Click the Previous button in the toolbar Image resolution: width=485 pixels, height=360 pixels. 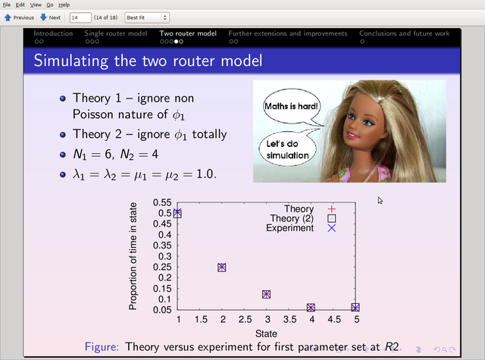tap(19, 17)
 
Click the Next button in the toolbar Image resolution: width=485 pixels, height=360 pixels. tap(50, 17)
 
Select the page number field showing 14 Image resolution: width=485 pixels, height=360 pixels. tap(80, 17)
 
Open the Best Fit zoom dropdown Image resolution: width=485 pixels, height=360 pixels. tap(146, 17)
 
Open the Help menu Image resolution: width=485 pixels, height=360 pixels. tap(64, 5)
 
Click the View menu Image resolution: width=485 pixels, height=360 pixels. tap(36, 5)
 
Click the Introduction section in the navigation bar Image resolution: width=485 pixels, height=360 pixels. tap(53, 33)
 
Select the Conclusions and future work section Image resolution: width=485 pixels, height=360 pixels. tap(404, 33)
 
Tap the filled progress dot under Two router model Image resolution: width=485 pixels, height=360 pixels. tap(177, 42)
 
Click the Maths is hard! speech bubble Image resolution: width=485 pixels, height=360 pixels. tap(291, 106)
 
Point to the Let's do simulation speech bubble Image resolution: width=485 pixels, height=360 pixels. tap(287, 149)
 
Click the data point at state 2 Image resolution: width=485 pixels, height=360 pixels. tap(221, 268)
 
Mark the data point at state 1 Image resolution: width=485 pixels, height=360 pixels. tap(177, 213)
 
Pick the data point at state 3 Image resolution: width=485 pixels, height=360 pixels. tap(266, 294)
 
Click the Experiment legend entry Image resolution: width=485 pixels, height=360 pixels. tap(301, 228)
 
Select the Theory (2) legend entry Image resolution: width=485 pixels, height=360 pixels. tap(303, 218)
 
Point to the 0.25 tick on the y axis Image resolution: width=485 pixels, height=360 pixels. tap(162, 267)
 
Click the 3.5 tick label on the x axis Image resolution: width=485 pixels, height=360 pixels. tap(289, 320)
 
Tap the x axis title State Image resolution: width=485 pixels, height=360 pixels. tap(266, 333)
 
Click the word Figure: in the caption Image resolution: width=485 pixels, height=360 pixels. tap(102, 346)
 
